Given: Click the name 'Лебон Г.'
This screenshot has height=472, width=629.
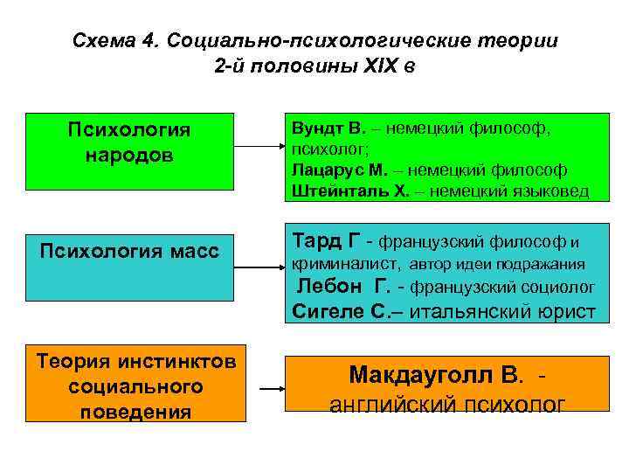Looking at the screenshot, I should [x=344, y=286].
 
